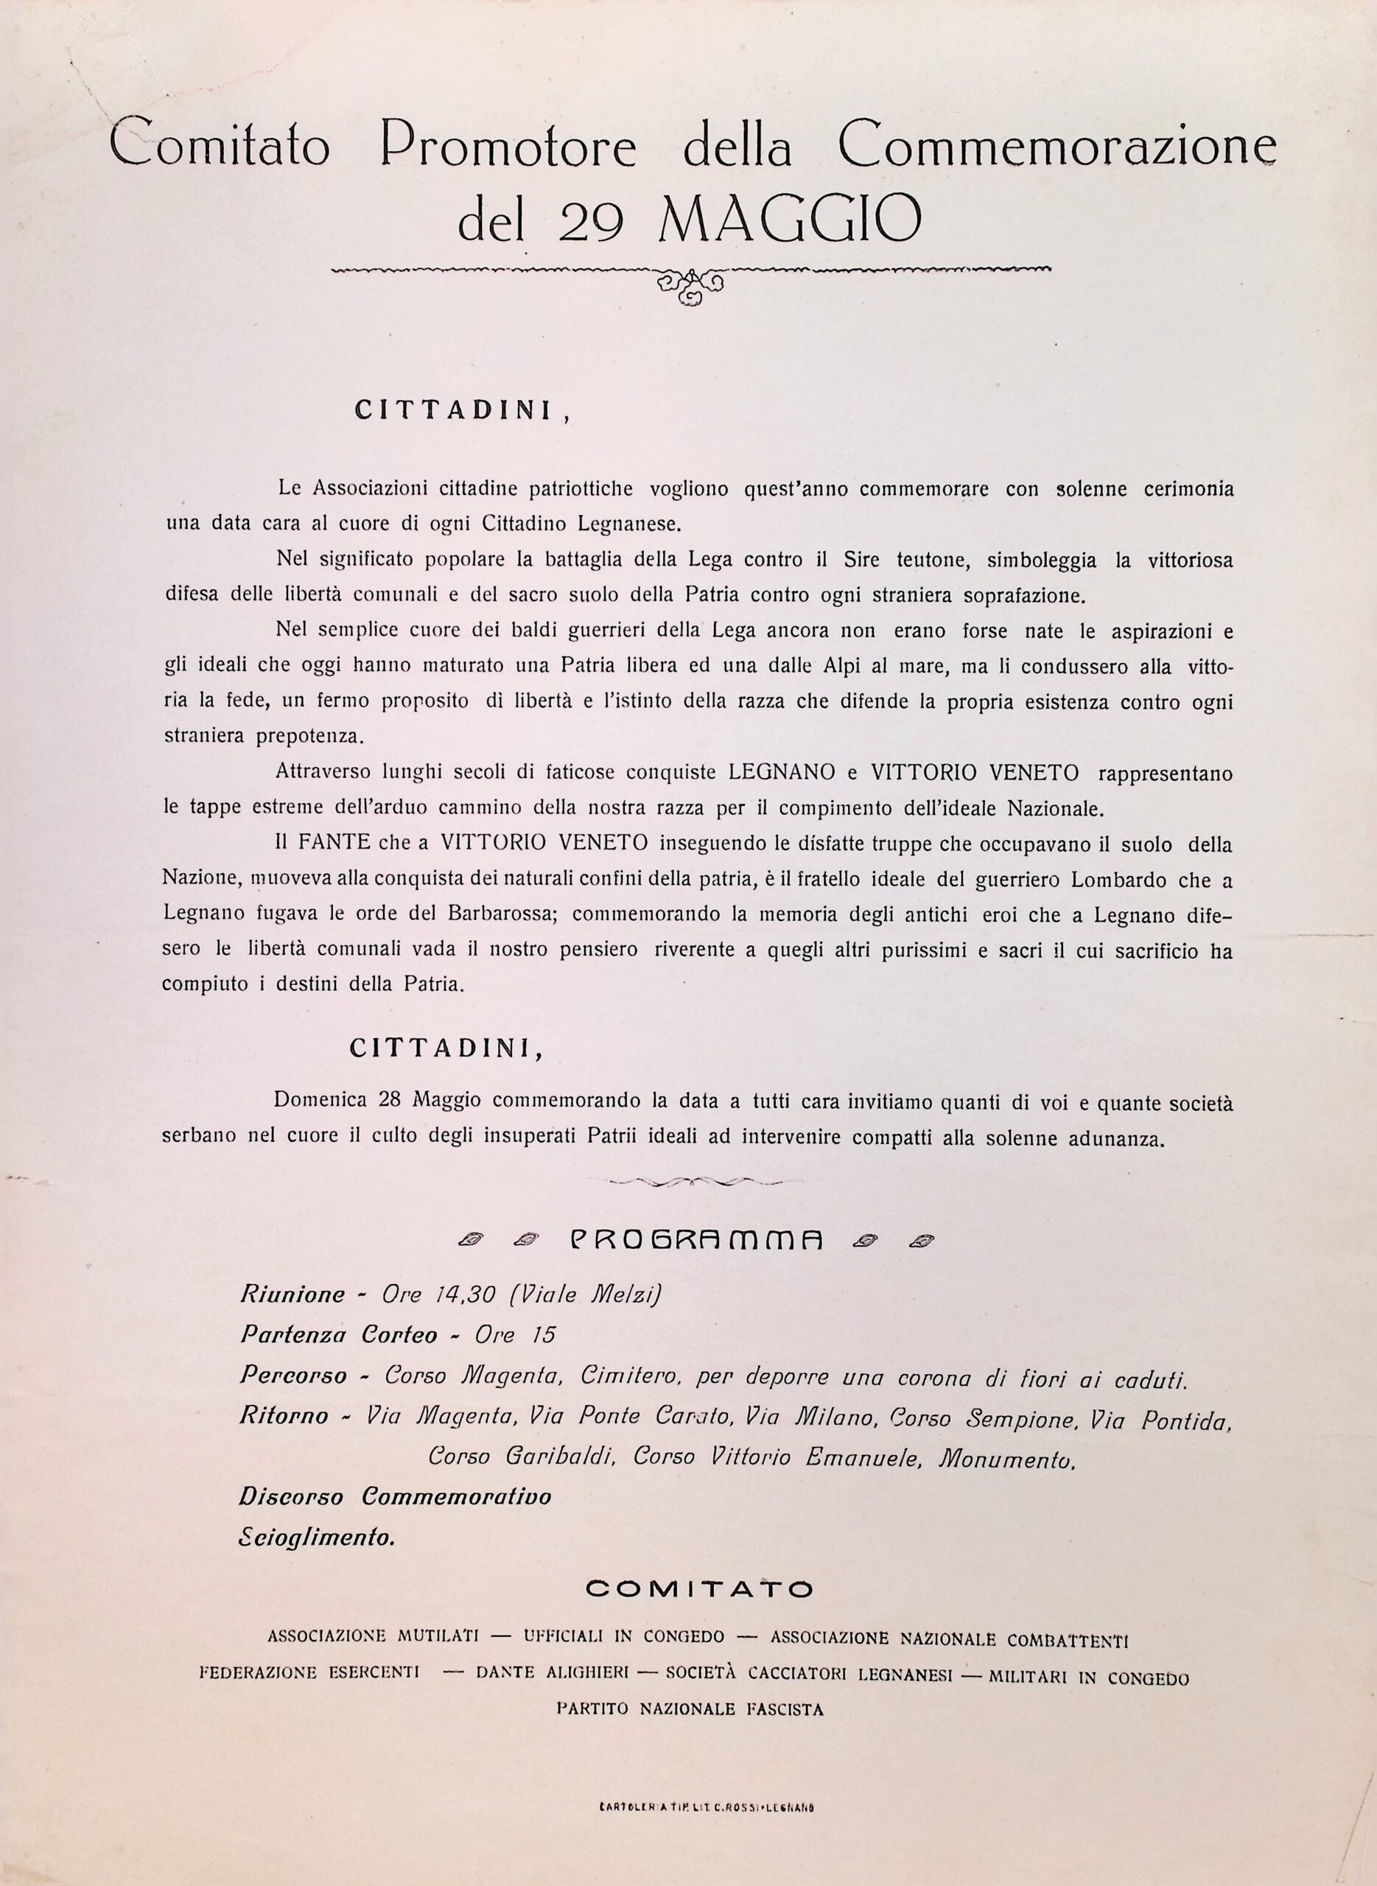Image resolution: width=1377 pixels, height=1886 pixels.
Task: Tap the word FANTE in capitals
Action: tap(332, 843)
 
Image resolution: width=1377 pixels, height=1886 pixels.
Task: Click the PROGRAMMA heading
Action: tap(696, 1240)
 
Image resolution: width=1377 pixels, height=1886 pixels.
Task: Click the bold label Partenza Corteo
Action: tap(338, 1335)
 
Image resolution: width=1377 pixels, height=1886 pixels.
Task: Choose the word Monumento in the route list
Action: tap(1007, 1459)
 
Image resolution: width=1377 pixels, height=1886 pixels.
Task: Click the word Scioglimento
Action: tap(317, 1539)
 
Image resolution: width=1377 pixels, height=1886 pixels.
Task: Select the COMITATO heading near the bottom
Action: tap(698, 1589)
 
